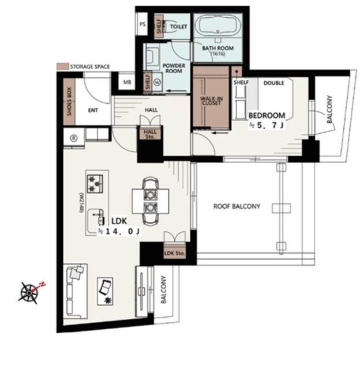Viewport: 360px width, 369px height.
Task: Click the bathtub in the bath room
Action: [x=218, y=25]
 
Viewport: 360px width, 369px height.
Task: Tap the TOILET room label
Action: [x=178, y=27]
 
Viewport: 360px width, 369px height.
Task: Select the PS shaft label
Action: [x=142, y=24]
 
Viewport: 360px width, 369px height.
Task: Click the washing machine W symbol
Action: [x=157, y=82]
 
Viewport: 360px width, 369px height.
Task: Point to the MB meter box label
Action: [x=127, y=82]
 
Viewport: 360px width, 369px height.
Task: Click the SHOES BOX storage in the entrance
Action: [x=69, y=101]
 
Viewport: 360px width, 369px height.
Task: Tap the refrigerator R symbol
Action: [x=74, y=138]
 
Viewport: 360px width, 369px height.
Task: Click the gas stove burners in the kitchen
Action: [x=95, y=184]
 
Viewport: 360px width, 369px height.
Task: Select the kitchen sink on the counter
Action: [x=96, y=220]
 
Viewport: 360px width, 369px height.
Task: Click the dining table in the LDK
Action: [x=151, y=201]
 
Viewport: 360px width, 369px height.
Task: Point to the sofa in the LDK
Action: [x=75, y=291]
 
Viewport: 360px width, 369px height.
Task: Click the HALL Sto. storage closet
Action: [x=150, y=134]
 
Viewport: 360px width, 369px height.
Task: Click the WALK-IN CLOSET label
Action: [x=211, y=101]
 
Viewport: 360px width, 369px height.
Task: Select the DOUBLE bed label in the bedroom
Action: [x=274, y=83]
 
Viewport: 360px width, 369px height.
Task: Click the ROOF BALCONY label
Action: [x=237, y=206]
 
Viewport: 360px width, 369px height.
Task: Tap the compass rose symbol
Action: [x=29, y=292]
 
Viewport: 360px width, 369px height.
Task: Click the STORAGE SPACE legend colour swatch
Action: [x=63, y=66]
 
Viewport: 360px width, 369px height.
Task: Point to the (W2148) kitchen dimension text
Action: [x=81, y=203]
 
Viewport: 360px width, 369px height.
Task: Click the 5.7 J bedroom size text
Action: [x=268, y=126]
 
